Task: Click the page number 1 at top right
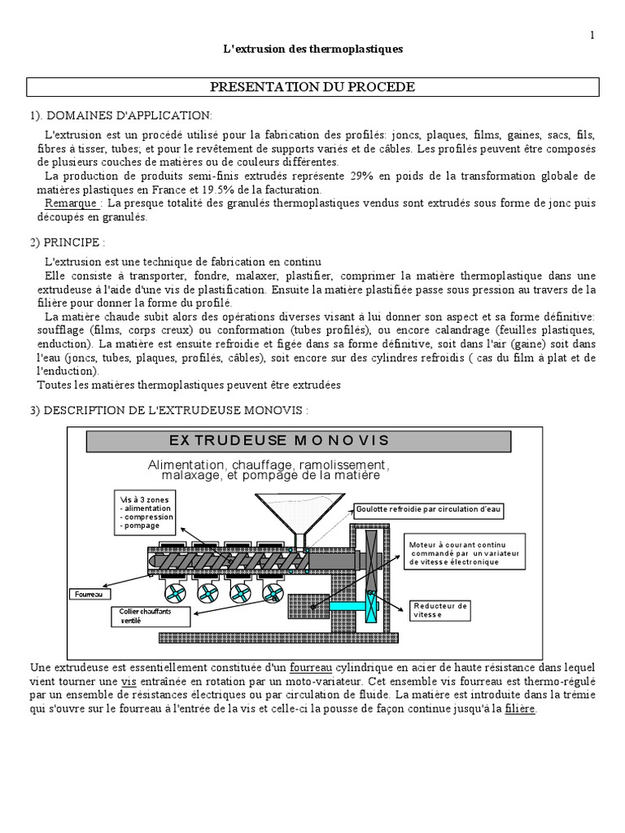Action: (x=592, y=35)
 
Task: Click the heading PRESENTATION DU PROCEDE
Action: (x=313, y=87)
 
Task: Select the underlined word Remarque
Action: (x=72, y=203)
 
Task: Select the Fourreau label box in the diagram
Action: (x=88, y=594)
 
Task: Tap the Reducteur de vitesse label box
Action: (x=439, y=609)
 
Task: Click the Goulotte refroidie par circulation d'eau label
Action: (x=428, y=509)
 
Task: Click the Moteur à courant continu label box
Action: (x=465, y=551)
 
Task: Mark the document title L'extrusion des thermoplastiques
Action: (x=312, y=50)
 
